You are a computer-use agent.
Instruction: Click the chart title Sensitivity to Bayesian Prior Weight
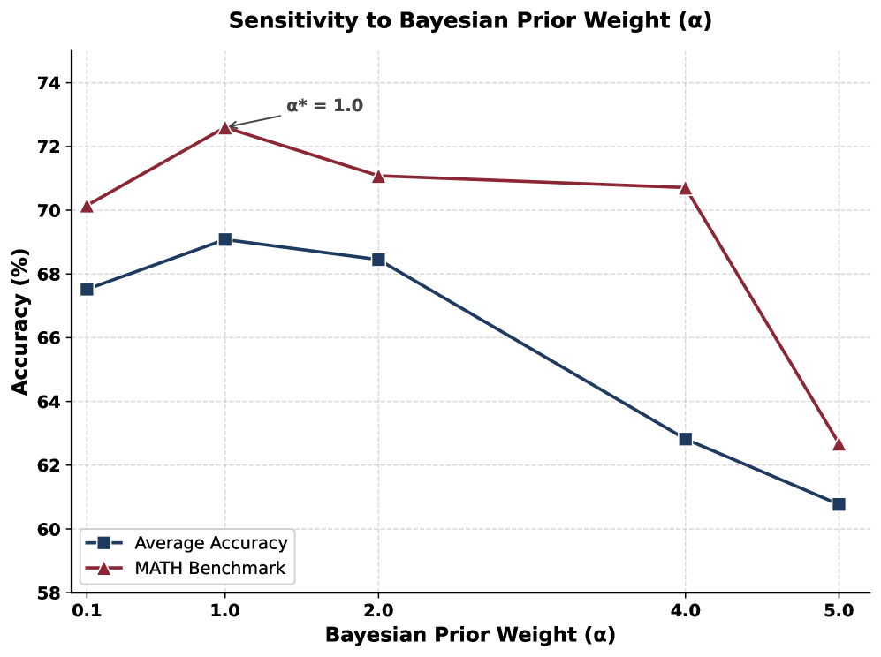tap(470, 21)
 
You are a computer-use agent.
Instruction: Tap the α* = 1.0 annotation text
tap(325, 106)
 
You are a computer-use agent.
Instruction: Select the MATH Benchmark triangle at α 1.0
tap(224, 128)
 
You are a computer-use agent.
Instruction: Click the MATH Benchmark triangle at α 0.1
tap(87, 206)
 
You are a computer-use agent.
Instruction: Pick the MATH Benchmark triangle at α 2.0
tap(378, 177)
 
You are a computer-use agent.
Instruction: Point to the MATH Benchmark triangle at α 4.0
tap(685, 188)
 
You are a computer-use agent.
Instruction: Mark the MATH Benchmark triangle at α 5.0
tap(839, 444)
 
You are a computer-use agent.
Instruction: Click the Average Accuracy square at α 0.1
tap(87, 289)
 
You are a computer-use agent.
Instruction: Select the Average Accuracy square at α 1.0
tap(224, 240)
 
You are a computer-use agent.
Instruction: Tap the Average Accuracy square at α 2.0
tap(378, 260)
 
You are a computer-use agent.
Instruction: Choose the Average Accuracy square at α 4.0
tap(685, 439)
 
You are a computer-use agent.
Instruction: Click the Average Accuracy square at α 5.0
tap(839, 504)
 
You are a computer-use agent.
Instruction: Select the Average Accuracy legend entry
tap(186, 543)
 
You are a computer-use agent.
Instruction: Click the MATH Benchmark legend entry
tap(186, 569)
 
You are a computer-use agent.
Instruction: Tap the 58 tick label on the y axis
tap(49, 593)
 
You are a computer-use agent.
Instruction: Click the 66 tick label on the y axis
tap(49, 338)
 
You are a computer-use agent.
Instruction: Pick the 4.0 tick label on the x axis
tap(685, 610)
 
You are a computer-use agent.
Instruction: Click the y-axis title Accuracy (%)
tap(20, 321)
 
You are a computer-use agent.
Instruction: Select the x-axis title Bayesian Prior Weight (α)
tap(470, 635)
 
